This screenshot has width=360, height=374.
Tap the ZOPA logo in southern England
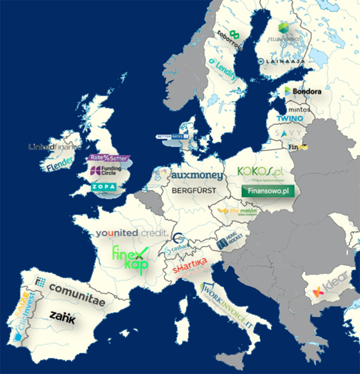[x=104, y=187]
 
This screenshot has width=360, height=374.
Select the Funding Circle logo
[x=106, y=170]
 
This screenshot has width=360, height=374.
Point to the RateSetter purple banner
[x=108, y=158]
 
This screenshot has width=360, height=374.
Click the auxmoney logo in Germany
[x=197, y=175]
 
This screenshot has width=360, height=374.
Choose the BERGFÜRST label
[x=194, y=190]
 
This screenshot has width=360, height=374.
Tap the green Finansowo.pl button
[x=268, y=191]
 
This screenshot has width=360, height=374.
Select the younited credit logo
[x=132, y=233]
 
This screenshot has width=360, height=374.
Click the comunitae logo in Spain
[x=77, y=294]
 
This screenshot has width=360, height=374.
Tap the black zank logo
[x=62, y=317]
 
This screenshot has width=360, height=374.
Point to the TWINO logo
[x=290, y=119]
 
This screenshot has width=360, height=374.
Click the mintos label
[x=299, y=110]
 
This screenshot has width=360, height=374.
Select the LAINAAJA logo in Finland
[x=282, y=61]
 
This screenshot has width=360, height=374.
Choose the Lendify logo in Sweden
[x=223, y=69]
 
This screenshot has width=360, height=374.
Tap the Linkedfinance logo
[x=55, y=147]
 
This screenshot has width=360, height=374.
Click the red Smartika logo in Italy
[x=190, y=266]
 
